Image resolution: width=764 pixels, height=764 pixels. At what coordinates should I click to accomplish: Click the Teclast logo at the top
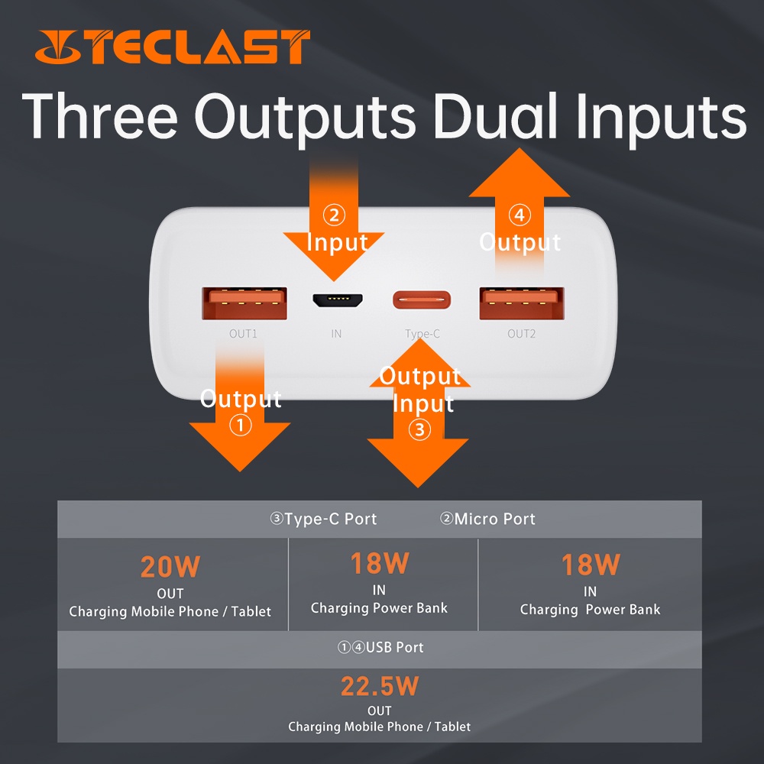(x=173, y=47)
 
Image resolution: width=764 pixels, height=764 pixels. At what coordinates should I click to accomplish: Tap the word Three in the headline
(x=100, y=116)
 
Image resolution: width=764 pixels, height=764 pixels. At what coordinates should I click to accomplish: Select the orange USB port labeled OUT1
(x=244, y=303)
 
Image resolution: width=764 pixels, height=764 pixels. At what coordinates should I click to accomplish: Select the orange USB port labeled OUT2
(x=522, y=303)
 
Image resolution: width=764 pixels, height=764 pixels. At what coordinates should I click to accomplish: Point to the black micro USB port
(x=337, y=300)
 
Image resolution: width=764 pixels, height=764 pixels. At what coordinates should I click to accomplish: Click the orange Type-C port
(x=422, y=300)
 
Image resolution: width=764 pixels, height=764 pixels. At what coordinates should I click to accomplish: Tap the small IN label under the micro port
(x=336, y=334)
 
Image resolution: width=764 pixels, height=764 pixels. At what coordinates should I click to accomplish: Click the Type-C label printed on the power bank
(x=422, y=335)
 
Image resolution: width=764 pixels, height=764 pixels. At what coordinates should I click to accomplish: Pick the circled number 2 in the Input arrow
(x=335, y=215)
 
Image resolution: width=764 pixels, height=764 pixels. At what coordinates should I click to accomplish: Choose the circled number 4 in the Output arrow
(x=520, y=215)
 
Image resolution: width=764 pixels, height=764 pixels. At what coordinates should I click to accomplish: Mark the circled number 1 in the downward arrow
(x=240, y=425)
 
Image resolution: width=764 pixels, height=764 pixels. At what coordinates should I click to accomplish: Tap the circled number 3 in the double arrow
(x=419, y=429)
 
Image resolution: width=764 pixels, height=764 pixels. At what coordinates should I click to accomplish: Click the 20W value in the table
(x=170, y=567)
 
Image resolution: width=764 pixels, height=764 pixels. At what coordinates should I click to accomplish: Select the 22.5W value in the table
(x=380, y=686)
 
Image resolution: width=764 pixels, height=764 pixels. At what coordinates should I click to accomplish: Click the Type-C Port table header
(x=323, y=519)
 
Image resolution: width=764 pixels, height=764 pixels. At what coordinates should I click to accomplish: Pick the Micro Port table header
(x=487, y=519)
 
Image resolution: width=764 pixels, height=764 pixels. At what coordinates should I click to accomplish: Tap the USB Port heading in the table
(x=380, y=647)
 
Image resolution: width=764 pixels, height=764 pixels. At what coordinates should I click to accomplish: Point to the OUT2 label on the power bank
(x=521, y=334)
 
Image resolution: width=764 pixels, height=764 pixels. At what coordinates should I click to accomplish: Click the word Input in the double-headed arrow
(x=423, y=404)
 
